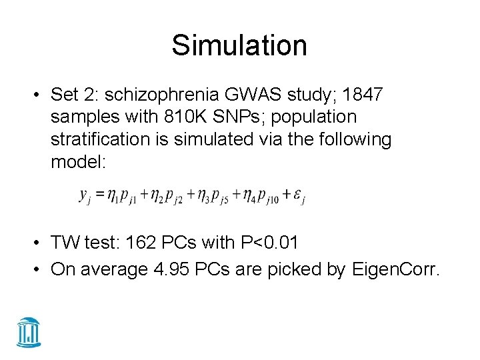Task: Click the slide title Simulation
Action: tap(239, 45)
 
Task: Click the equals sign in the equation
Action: tap(98, 195)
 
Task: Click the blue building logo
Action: tap(29, 331)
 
